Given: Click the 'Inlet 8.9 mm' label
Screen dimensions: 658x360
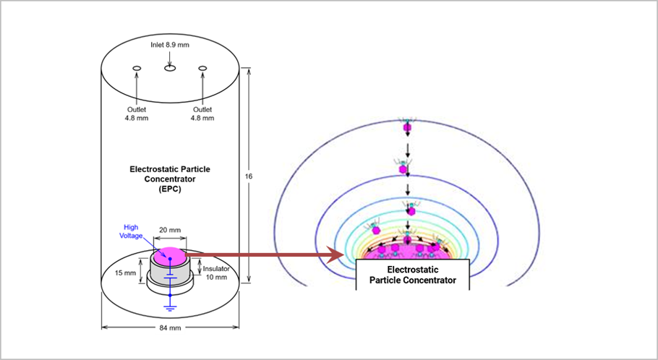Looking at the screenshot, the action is point(170,45).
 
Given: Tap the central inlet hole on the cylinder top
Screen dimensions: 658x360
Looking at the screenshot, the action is point(170,68).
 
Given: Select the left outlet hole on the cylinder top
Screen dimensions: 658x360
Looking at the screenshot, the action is point(137,68).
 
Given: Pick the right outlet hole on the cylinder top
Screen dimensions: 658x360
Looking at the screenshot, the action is point(202,68).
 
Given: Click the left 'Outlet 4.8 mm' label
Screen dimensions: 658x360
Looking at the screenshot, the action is point(137,113).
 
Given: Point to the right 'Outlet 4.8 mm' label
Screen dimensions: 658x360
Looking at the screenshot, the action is point(202,113).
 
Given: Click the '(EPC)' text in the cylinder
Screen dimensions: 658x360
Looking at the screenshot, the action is point(170,189).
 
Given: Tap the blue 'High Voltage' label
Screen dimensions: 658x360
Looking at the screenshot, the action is point(131,231).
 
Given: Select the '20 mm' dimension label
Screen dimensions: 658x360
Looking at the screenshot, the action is point(170,230).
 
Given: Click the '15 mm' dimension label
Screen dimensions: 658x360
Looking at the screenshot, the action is point(126,273).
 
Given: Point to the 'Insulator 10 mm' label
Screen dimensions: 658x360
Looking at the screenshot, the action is point(216,273).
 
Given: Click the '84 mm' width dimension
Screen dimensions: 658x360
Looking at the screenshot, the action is point(170,327).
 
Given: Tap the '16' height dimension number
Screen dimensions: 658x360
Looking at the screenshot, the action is point(249,176).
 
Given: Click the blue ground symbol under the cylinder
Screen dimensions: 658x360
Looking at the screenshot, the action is point(170,309).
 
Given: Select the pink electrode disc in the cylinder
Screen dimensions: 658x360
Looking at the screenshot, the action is point(169,256).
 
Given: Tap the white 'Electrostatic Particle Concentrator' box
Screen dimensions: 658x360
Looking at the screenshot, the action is point(412,275).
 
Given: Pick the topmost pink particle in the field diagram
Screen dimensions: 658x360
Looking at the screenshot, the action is point(407,127).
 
